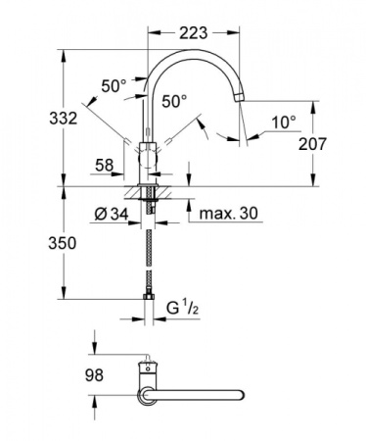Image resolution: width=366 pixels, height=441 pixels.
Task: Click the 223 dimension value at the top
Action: click(x=194, y=33)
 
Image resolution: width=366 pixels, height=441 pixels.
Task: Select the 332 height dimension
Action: click(x=64, y=118)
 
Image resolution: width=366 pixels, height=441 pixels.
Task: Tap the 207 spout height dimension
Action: click(x=312, y=144)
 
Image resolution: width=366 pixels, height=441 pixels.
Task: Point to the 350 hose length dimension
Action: click(x=63, y=243)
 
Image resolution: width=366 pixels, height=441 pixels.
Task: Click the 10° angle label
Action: click(x=284, y=122)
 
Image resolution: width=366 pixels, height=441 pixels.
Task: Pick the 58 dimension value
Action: click(x=105, y=166)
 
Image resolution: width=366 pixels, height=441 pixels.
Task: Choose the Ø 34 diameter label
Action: click(x=112, y=215)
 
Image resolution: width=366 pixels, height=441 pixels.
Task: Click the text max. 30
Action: click(x=228, y=214)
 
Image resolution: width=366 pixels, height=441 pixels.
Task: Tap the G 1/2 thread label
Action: click(x=183, y=308)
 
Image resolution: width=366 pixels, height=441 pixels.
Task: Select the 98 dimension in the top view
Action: click(x=94, y=374)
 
